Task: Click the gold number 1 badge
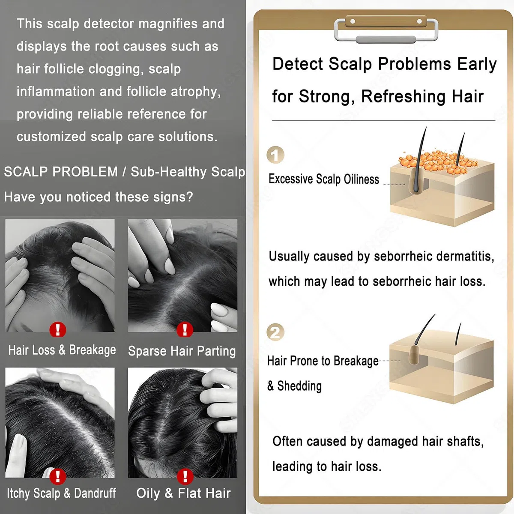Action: pos(275,155)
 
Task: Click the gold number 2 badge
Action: pos(275,332)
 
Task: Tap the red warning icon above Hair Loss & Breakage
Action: pos(58,330)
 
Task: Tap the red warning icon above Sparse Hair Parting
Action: pos(185,330)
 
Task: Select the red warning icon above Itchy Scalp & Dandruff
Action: pos(58,477)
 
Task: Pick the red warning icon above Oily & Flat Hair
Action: pos(185,477)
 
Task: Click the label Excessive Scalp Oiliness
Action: pos(323,179)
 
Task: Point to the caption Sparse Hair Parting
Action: pos(182,351)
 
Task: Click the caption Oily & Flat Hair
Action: pos(183,493)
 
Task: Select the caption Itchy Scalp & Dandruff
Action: pos(61,493)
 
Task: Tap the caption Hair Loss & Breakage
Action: pos(62,350)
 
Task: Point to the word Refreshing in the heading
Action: pos(403,96)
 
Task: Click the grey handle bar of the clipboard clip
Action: pos(385,39)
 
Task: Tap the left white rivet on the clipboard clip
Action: pos(353,21)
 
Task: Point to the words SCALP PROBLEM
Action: pos(61,171)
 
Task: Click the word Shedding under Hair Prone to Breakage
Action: pos(299,386)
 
